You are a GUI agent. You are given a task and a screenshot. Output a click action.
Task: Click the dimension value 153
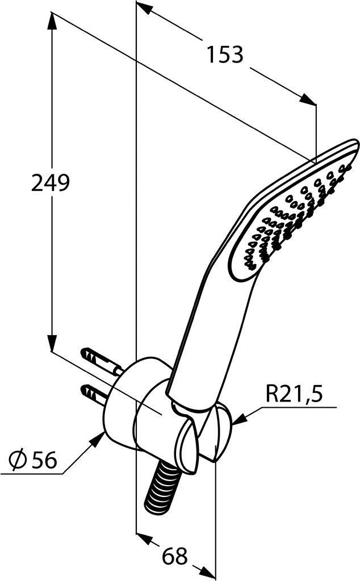[225, 55]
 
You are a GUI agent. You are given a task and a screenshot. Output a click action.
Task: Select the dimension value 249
[51, 183]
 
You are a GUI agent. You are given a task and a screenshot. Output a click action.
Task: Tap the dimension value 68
[175, 556]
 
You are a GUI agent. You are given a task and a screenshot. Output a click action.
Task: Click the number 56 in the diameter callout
[44, 460]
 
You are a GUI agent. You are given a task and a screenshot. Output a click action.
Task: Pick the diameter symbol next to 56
[18, 460]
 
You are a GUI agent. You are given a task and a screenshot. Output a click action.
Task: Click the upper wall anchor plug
[101, 360]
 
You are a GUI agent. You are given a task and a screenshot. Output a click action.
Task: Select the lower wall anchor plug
[95, 395]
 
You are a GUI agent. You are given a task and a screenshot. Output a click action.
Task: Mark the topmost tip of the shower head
[354, 140]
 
